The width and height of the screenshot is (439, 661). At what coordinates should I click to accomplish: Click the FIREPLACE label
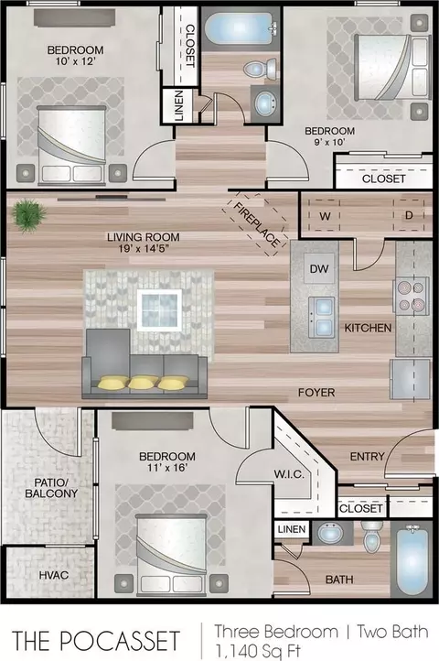point(255,225)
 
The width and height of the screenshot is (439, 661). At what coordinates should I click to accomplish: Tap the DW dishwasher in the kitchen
point(319,268)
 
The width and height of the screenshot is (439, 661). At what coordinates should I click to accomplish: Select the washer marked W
point(325,216)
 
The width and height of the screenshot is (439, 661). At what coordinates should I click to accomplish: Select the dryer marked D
point(409,215)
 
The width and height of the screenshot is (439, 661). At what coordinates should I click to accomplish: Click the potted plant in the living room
point(29,216)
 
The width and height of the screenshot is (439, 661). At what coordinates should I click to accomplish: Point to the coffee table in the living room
point(160,310)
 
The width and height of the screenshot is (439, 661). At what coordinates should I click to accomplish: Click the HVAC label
point(54,575)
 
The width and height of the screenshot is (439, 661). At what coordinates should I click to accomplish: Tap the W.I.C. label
point(289,474)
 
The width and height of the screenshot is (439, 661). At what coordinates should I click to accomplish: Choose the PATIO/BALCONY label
point(51,488)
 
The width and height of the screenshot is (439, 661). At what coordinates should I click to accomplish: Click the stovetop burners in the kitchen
point(412,296)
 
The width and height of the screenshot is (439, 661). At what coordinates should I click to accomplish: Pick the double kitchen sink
point(321,317)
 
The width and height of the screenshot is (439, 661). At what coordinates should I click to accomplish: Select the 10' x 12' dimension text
point(74,61)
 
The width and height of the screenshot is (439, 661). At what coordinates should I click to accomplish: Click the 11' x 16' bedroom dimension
point(167,467)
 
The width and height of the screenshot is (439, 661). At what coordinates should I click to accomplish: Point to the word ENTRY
point(368,456)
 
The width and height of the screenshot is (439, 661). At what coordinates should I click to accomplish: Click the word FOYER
point(316,393)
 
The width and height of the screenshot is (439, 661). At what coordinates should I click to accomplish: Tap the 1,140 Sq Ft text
point(258,650)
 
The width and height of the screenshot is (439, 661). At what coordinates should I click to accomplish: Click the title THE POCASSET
point(96,640)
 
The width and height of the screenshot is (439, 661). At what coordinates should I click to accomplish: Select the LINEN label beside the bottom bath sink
point(292,529)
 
